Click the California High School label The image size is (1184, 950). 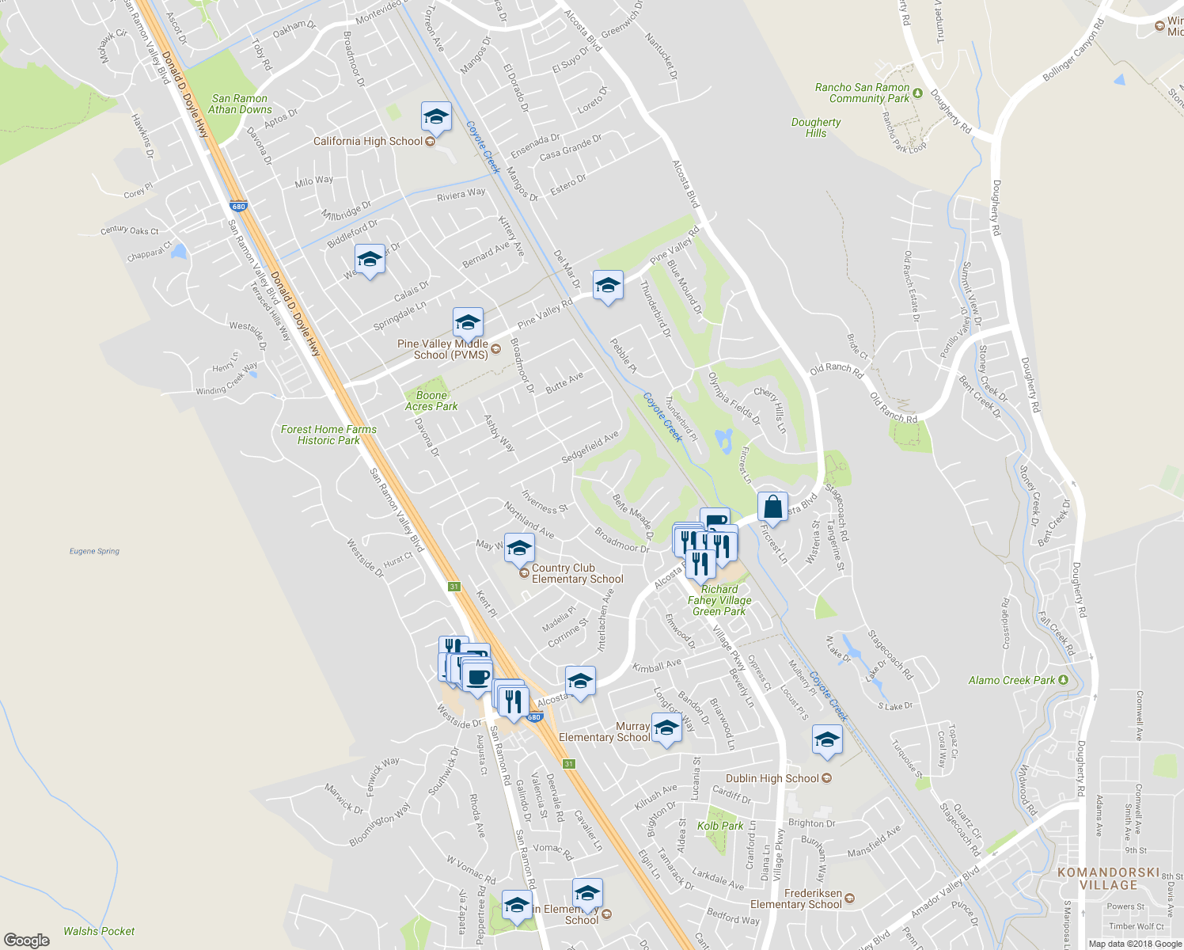point(368,142)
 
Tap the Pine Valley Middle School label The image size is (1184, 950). point(442,349)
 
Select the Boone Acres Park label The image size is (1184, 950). point(431,401)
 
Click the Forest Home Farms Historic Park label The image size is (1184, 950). point(328,435)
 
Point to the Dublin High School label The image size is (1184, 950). point(772,778)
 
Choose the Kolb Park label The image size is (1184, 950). point(720,826)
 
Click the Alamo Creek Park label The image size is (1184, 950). point(1012,680)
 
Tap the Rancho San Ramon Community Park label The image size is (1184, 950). point(863,93)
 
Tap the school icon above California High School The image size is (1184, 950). point(436,117)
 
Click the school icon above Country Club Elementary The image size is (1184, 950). point(519,548)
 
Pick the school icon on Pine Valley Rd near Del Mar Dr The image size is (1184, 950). point(607,286)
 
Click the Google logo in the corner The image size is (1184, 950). point(26,940)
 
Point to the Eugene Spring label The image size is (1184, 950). point(94,551)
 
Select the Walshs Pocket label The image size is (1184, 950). point(99,931)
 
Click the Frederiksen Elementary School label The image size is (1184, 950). point(796,899)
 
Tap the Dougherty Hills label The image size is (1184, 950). point(816,127)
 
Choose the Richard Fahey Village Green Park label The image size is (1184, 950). point(719,600)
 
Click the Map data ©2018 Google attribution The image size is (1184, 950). point(1135,944)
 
